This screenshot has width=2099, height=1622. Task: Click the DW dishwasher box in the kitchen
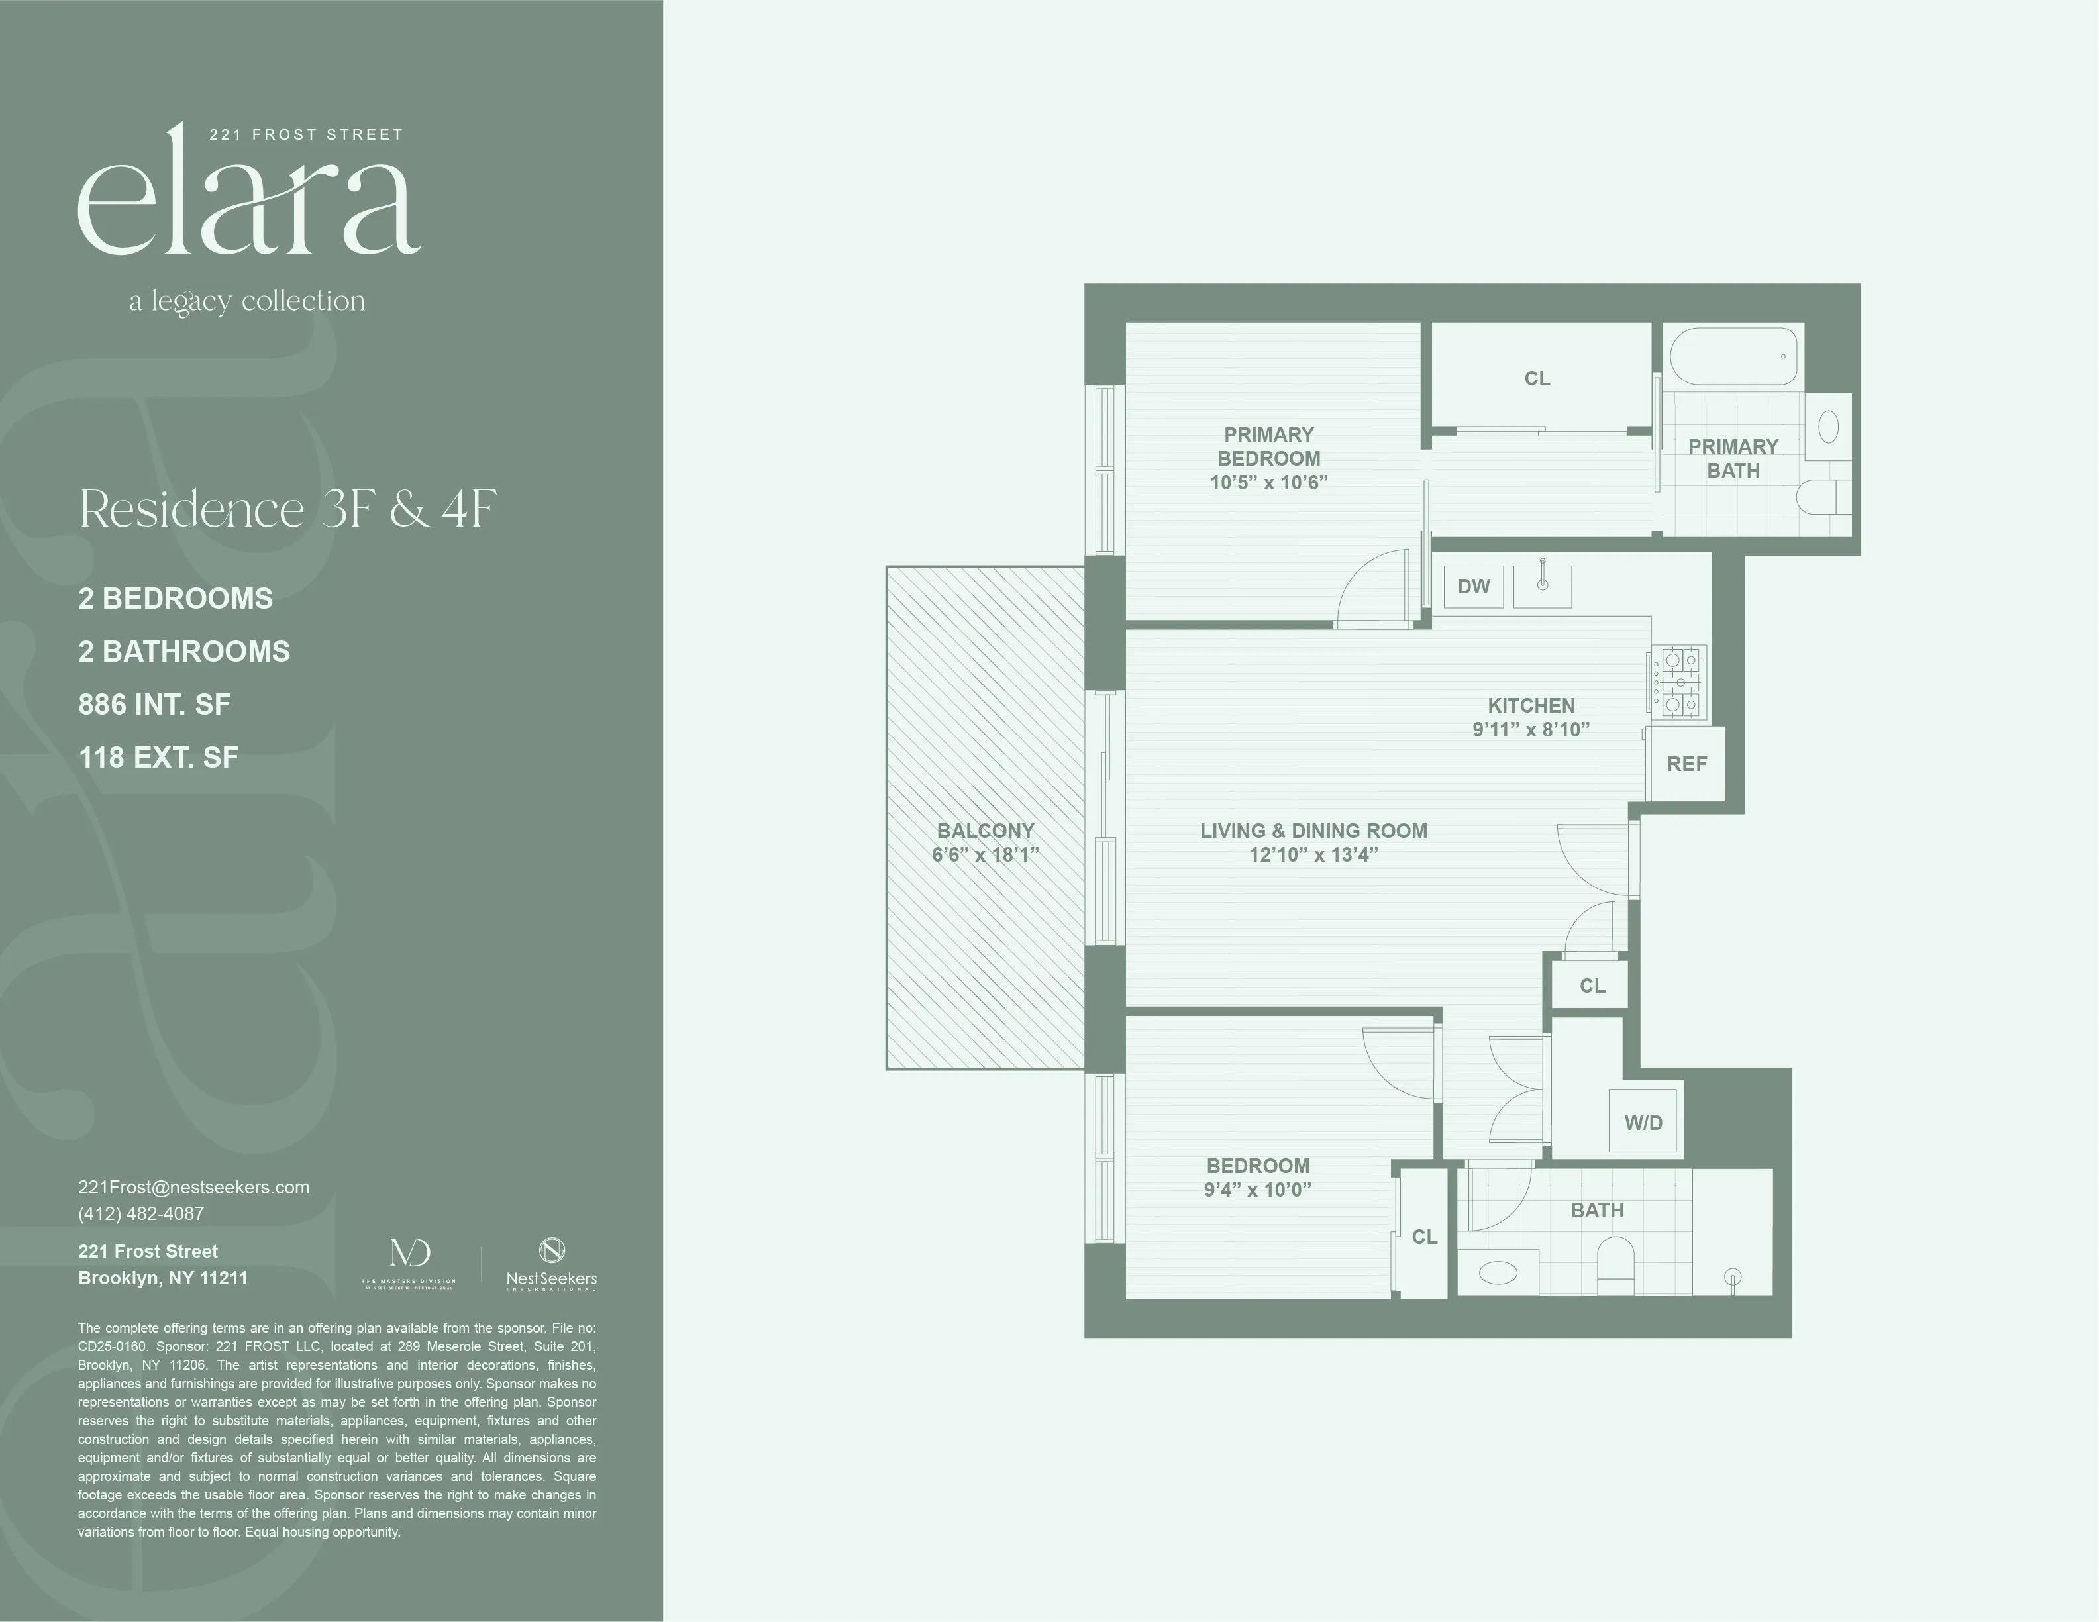coord(1473,586)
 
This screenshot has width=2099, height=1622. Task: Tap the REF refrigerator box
coord(1687,764)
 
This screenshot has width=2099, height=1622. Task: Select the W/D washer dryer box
coord(1643,1121)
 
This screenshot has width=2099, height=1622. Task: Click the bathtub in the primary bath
coord(1733,356)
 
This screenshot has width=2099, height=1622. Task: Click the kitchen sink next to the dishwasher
coord(1543,586)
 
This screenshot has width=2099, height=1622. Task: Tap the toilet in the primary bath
coord(1819,497)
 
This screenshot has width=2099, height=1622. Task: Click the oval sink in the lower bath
coord(1498,1274)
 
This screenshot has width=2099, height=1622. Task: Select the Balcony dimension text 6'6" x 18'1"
coord(985,855)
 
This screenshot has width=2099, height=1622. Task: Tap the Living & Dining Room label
coord(1313,831)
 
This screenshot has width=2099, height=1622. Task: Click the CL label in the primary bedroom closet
coord(1537,379)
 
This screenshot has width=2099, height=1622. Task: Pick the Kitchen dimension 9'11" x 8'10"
coord(1531,729)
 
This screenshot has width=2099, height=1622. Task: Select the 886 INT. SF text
coord(155,704)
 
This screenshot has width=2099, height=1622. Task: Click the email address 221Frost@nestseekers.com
coord(194,1187)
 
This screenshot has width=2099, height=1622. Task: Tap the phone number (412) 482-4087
coord(141,1213)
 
